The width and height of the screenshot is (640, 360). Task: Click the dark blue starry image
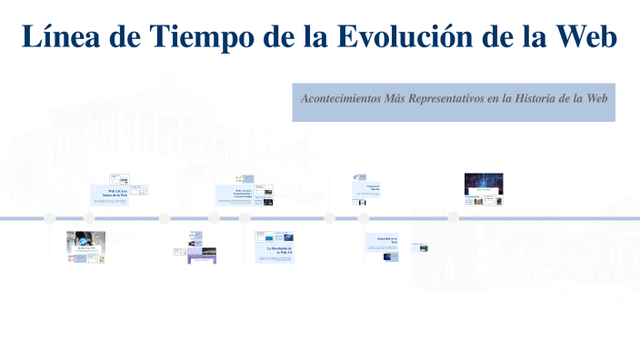tap(484, 183)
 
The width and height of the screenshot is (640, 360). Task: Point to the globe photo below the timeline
tap(85, 241)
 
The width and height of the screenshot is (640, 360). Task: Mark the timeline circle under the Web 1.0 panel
tap(89, 217)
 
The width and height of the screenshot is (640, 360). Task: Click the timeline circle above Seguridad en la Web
tap(364, 217)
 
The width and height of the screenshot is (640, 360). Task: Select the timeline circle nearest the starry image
tap(453, 217)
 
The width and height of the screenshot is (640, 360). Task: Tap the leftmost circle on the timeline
tap(50, 217)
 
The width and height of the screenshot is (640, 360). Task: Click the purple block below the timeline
tap(202, 258)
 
